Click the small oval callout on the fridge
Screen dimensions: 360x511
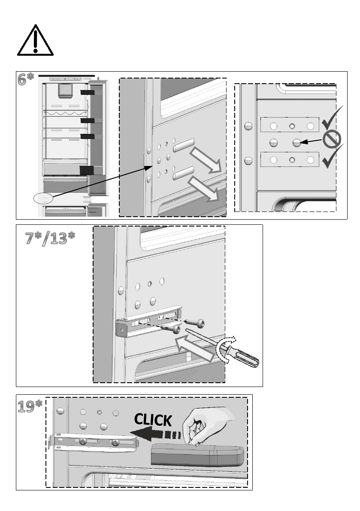[43, 198]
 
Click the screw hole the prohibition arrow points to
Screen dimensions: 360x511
[296, 143]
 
